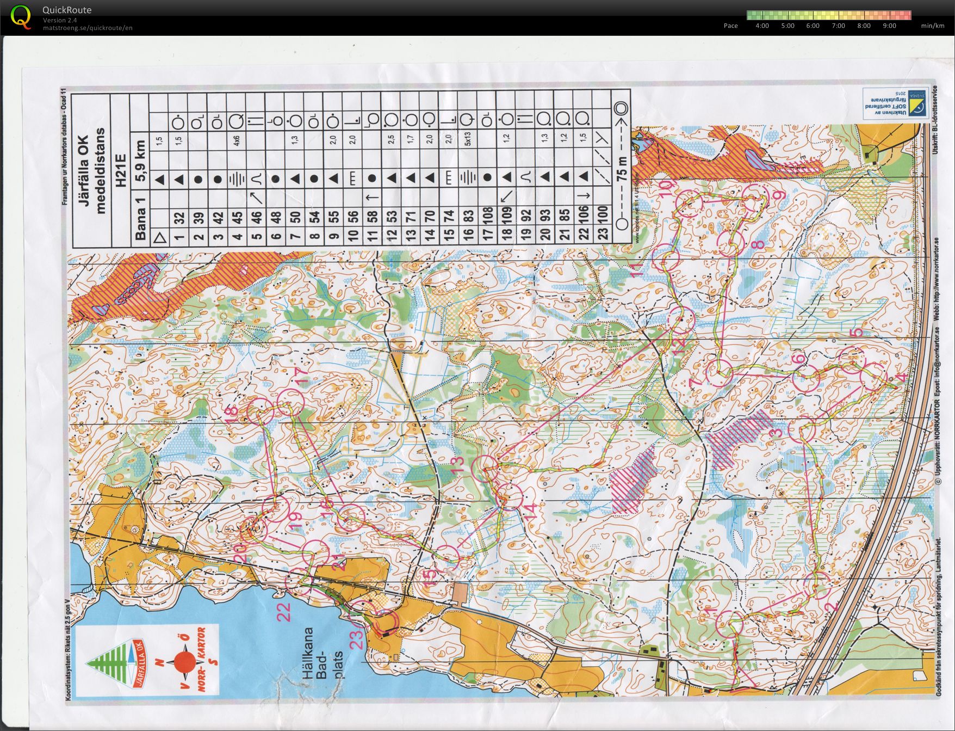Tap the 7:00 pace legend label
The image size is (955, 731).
point(838,26)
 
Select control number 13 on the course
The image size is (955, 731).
point(458,463)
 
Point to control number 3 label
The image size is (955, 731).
point(776,433)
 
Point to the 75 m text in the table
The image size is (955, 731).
point(622,169)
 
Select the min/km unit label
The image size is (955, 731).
point(932,26)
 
